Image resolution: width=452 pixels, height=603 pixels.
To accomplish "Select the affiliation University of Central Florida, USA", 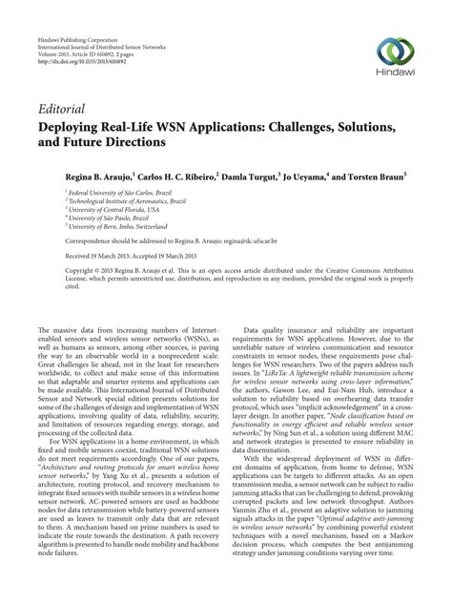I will click(x=110, y=208).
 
